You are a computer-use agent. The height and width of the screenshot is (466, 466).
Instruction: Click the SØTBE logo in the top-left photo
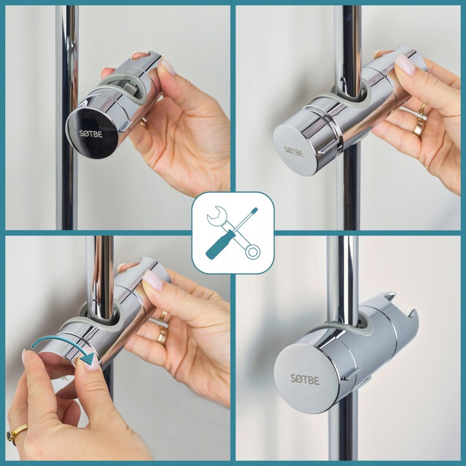click(x=91, y=134)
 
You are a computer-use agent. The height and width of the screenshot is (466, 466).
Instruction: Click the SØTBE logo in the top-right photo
click(x=294, y=151)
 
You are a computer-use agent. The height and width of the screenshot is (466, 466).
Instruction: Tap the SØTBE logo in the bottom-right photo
click(x=305, y=379)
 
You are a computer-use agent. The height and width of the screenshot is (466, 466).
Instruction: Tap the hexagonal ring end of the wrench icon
click(x=253, y=252)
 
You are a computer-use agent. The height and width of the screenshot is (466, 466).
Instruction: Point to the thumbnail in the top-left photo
click(x=168, y=67)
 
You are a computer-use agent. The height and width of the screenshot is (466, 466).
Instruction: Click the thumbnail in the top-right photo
click(x=405, y=65)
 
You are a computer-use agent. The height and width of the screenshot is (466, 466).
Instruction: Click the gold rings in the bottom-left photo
click(x=162, y=327)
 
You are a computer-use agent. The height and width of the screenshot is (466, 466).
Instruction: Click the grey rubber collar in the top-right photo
click(x=347, y=96)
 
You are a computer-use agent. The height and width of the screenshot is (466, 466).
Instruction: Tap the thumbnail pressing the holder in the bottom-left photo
click(x=153, y=280)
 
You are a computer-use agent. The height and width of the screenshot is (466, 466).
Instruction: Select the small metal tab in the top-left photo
click(x=126, y=126)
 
